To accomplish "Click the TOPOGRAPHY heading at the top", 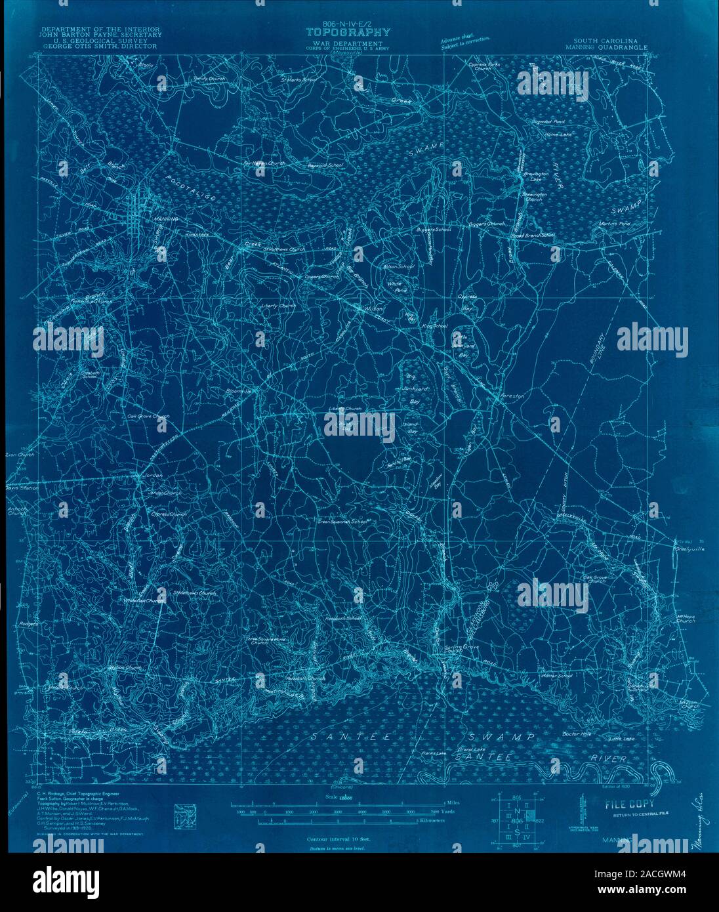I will tap(348, 31).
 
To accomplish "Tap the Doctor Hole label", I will tap(577, 734).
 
